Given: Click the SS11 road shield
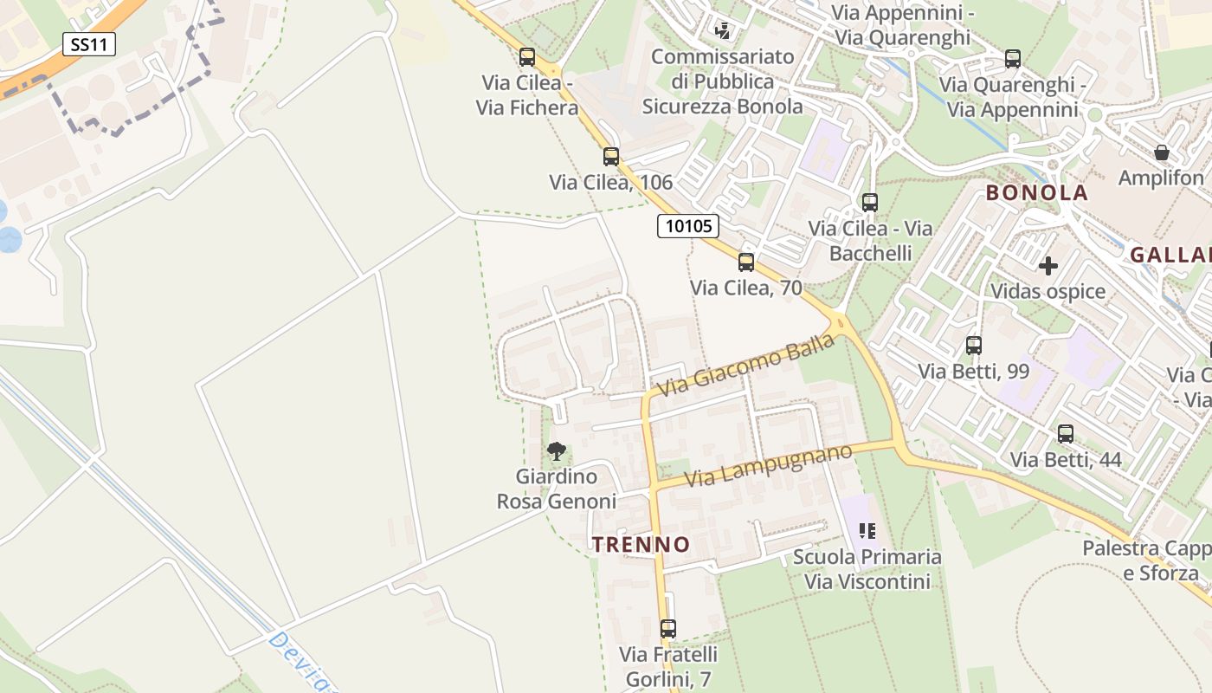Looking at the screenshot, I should pos(89,44).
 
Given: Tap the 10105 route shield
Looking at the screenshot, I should pos(689,226).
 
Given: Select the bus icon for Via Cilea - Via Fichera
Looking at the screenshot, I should pos(527,57).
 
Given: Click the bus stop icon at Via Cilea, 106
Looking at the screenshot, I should pos(611,157).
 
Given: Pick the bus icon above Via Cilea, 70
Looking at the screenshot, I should pos(746,262).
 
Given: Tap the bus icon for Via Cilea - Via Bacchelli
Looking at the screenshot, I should pos(870,203).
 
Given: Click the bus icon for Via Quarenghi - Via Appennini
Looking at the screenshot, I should pos(1013,59).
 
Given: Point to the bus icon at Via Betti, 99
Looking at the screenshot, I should pos(974,346).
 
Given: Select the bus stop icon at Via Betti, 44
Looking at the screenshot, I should pos(1066,433).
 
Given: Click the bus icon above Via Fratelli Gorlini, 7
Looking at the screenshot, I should pos(668,629).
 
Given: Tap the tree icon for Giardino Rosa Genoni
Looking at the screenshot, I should pos(557,450).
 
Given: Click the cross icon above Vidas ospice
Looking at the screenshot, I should pos(1048,265).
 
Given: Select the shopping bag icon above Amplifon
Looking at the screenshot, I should pos(1162,152).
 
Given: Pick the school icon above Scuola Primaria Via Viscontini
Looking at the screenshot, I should pos(867,530).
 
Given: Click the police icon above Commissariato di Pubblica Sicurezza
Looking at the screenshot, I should pos(723,31).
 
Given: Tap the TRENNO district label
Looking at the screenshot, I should pos(641,545).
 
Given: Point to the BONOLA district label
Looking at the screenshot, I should pos(1037,193).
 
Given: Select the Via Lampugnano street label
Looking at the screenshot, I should pos(768,466).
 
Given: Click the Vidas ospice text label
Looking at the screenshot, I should pos(1048,291).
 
